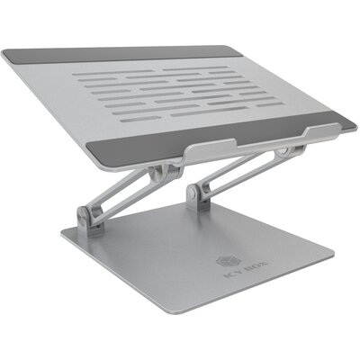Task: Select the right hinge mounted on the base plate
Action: point(193,196)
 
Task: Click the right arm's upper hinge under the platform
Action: point(283,152)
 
